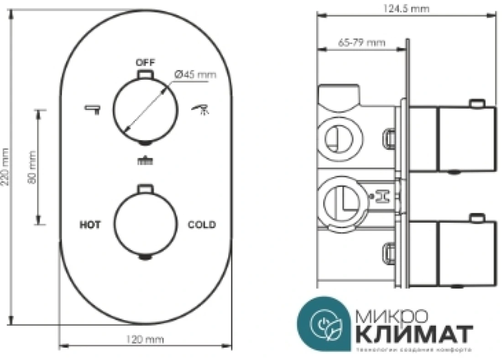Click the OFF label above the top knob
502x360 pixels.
(x=146, y=62)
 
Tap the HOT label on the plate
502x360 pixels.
(x=90, y=224)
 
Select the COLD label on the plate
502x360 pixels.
(x=202, y=224)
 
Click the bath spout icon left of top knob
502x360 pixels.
(x=92, y=109)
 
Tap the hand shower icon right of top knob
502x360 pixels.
(x=200, y=109)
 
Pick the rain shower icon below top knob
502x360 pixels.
(x=146, y=160)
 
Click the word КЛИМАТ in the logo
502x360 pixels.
(x=413, y=334)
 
